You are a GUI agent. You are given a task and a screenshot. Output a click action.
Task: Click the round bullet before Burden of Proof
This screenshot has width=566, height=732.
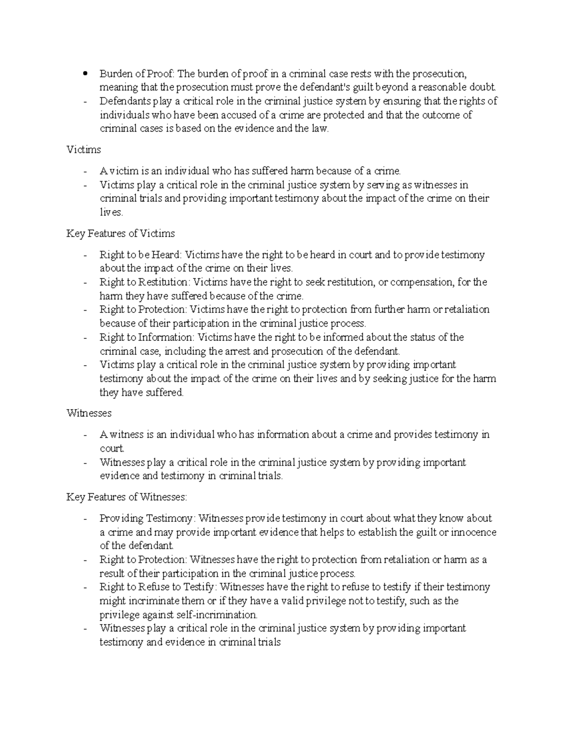click(x=85, y=74)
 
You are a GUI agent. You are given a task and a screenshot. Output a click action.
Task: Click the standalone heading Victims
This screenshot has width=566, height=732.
click(x=83, y=150)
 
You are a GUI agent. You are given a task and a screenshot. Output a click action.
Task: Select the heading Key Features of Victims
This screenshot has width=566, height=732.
click(x=120, y=233)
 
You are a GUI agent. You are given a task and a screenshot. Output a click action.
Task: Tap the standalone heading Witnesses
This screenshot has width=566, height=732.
click(x=89, y=413)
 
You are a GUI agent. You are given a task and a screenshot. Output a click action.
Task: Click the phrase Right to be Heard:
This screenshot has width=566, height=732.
click(x=140, y=255)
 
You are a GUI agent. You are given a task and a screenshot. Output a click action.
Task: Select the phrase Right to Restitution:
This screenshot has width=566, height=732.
click(x=144, y=282)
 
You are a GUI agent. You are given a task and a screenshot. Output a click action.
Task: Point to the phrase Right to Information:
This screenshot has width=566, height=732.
click(x=147, y=337)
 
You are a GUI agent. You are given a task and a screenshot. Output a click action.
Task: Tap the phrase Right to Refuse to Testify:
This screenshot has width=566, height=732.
click(x=158, y=587)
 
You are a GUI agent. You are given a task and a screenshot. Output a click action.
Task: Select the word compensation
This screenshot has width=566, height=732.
click(x=421, y=282)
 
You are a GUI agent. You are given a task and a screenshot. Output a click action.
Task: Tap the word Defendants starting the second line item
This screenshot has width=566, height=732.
click(x=125, y=101)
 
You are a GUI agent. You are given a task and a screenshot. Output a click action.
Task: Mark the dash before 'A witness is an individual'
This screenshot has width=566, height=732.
click(x=85, y=435)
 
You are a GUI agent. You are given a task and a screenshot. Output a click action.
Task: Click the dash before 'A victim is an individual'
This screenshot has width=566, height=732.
click(x=85, y=171)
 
